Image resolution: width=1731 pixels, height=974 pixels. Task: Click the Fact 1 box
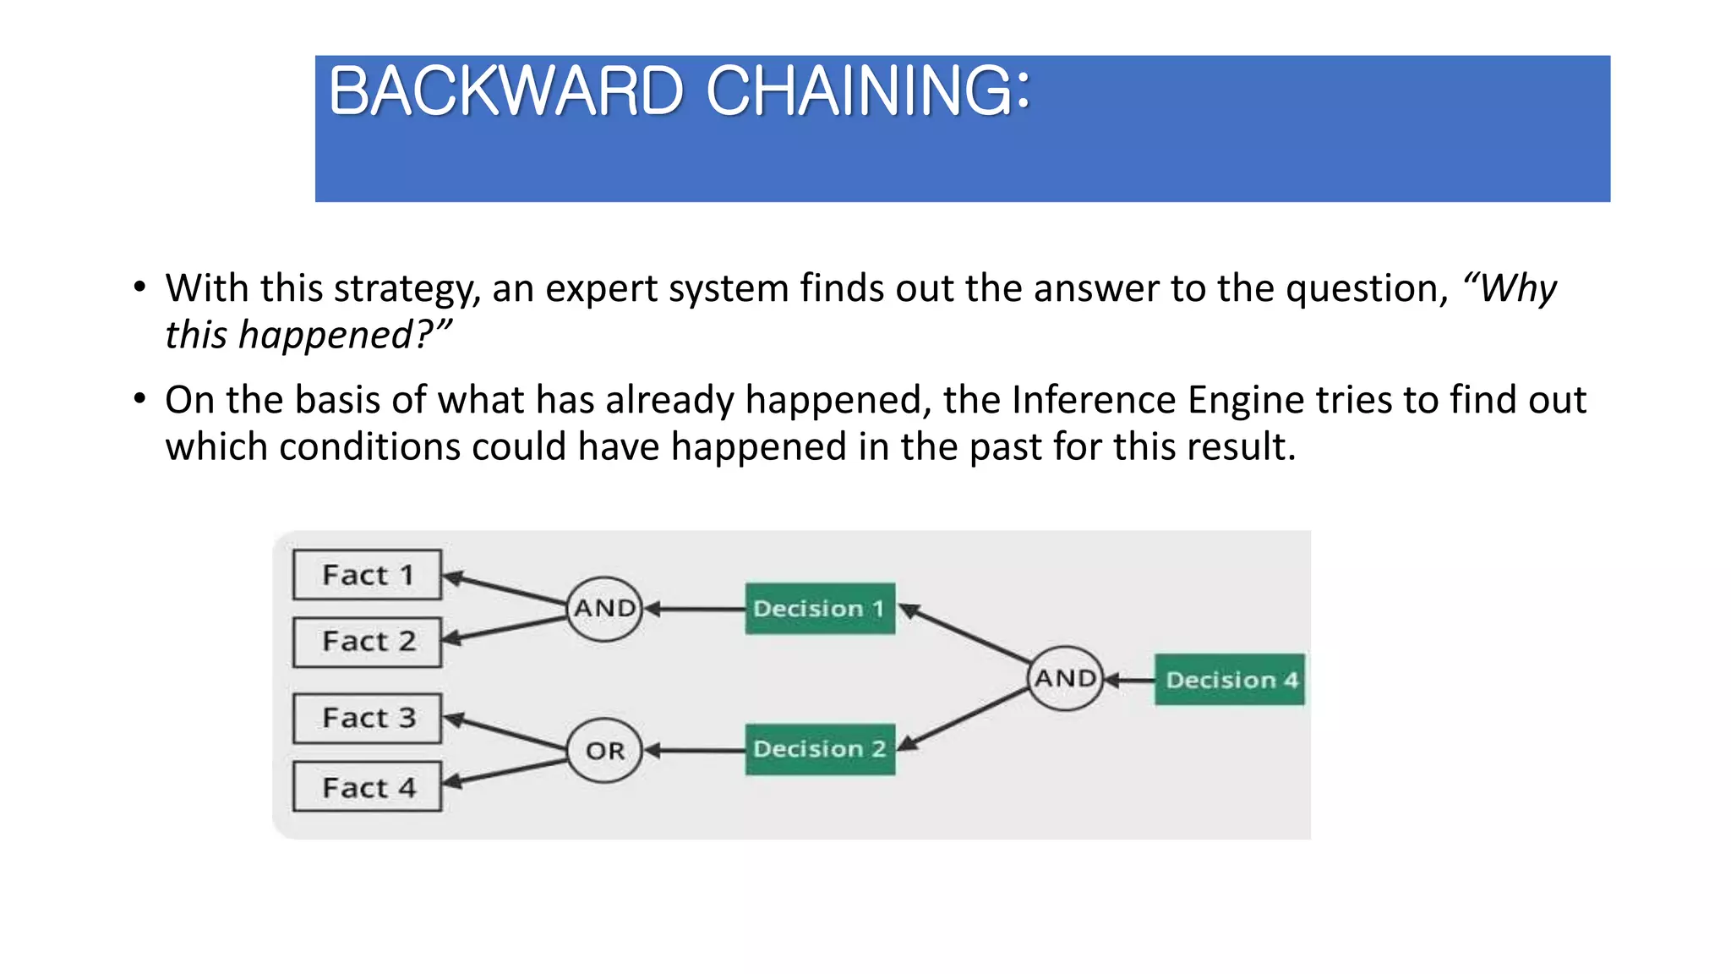click(367, 575)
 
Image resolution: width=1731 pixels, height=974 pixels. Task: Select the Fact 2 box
click(367, 642)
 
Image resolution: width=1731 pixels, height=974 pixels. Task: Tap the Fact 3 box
click(367, 718)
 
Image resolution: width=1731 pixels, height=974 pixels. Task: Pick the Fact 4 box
click(367, 787)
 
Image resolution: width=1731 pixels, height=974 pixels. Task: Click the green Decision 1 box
click(819, 609)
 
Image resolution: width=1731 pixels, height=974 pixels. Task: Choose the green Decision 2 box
click(819, 749)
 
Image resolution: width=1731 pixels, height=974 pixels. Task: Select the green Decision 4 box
click(1229, 680)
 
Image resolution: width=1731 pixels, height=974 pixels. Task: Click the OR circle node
click(605, 751)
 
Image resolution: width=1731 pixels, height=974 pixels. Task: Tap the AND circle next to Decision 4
click(1065, 679)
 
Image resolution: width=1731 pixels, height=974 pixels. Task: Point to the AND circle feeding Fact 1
click(604, 609)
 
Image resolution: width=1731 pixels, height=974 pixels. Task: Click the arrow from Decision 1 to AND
click(695, 609)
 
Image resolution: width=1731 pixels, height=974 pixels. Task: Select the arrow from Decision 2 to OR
click(695, 750)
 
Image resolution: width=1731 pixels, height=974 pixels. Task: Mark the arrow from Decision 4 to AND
click(1130, 680)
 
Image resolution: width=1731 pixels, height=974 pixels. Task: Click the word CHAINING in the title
click(867, 91)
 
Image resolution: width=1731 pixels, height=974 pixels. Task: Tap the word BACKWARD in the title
click(505, 91)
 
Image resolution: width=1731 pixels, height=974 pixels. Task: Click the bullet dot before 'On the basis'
click(139, 398)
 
